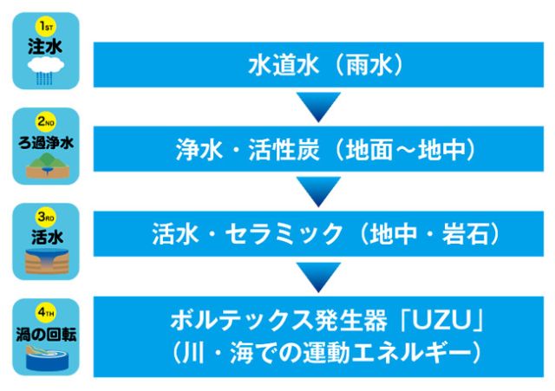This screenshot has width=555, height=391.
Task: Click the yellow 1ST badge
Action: point(46,27)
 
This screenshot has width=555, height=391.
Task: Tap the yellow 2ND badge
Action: point(46,122)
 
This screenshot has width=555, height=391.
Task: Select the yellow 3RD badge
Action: point(46,217)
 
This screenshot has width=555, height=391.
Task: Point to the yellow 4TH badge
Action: point(46,313)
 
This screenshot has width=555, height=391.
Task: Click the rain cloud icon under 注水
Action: point(46,71)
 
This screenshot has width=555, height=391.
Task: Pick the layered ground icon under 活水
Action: point(47,261)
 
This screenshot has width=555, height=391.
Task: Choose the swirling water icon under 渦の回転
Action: point(47,358)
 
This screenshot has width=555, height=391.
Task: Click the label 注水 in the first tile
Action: point(45,47)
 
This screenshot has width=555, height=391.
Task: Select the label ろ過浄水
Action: point(46,143)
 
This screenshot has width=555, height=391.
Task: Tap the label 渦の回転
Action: point(46,335)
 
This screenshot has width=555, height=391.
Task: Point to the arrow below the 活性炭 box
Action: point(318,192)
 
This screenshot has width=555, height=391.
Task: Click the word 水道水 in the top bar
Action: point(284,65)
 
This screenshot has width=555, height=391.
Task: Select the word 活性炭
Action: point(284,150)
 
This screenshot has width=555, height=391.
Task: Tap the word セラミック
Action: point(284,234)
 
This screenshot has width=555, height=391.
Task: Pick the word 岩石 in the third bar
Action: point(466,234)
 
